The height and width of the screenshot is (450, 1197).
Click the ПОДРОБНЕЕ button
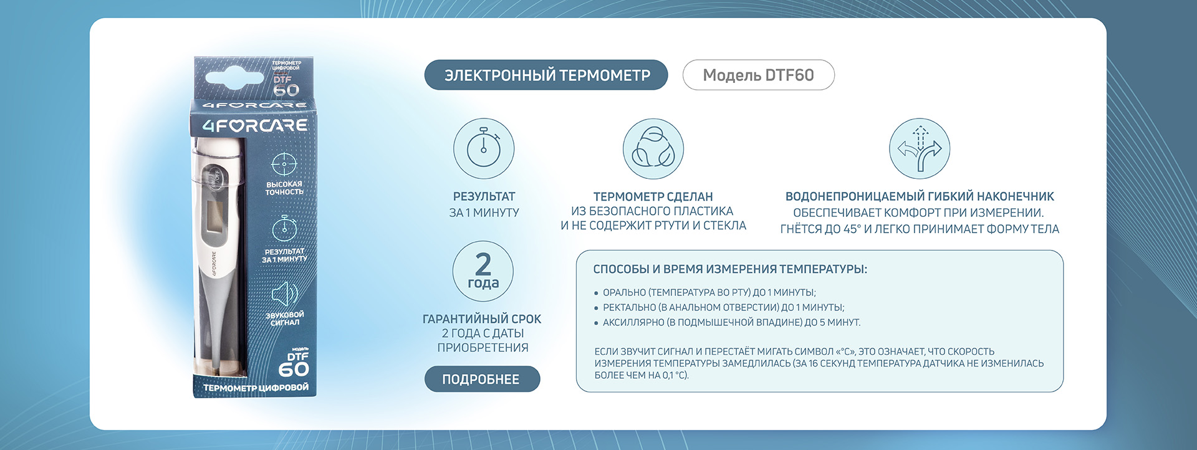482,379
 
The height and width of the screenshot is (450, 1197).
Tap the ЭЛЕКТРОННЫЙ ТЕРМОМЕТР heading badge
546,75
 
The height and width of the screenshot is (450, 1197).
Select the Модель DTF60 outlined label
758,75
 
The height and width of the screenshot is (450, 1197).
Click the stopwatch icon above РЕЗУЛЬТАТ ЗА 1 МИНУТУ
484,149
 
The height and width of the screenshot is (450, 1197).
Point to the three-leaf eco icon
653,149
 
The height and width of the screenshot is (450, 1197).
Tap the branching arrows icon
920,149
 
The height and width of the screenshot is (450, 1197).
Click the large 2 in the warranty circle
483,264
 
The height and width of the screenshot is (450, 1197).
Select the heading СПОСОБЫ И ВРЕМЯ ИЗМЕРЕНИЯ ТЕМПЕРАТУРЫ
730,269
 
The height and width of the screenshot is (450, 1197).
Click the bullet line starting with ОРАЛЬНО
705,292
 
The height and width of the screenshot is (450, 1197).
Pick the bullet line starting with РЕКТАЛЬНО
719,307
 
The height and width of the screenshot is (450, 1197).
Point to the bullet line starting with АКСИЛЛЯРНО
728,322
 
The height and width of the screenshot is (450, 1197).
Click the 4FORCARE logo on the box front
255,125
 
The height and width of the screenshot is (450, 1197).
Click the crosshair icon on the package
284,164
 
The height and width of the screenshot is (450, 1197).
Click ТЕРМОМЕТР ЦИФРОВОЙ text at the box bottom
256,388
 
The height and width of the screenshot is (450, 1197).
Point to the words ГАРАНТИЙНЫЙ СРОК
482,319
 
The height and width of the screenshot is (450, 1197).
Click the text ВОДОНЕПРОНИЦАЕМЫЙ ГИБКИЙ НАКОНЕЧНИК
920,196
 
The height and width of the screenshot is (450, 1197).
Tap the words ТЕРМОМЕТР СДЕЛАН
653,196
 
